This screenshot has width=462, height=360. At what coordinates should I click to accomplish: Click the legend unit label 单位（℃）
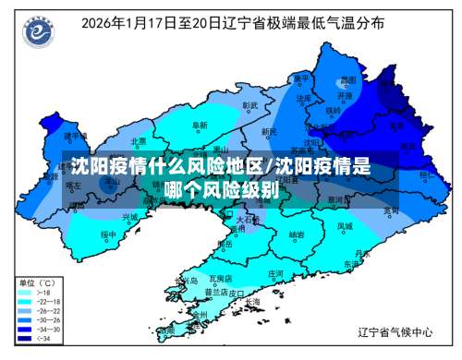(38, 282)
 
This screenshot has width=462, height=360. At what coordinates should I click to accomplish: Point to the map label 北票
(139, 141)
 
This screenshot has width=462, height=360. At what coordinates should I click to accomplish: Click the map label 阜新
(199, 124)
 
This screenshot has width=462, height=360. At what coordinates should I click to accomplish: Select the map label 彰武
(249, 105)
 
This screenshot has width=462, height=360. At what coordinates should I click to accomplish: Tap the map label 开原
(344, 94)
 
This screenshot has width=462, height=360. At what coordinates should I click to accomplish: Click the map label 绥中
(108, 234)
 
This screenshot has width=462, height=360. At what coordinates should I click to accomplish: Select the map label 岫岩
(297, 234)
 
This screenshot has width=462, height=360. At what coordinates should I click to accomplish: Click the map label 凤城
(345, 225)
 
